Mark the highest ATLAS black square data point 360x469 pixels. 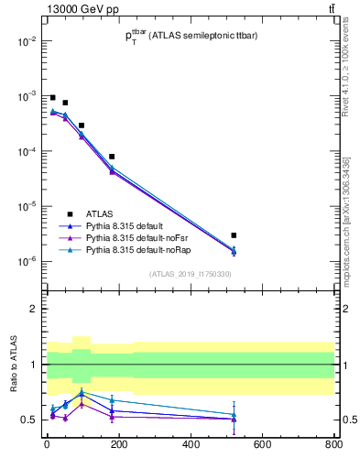coord(53,97)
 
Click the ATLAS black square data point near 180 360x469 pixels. coord(112,157)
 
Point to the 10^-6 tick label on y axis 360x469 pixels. coord(26,262)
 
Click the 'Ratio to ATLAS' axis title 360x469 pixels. coord(13,364)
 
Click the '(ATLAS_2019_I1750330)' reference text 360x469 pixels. coord(189,274)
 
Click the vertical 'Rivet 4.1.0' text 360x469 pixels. coord(352,64)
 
